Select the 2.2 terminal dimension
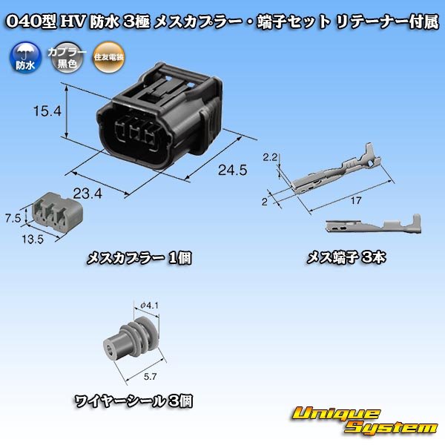click(270, 156)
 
